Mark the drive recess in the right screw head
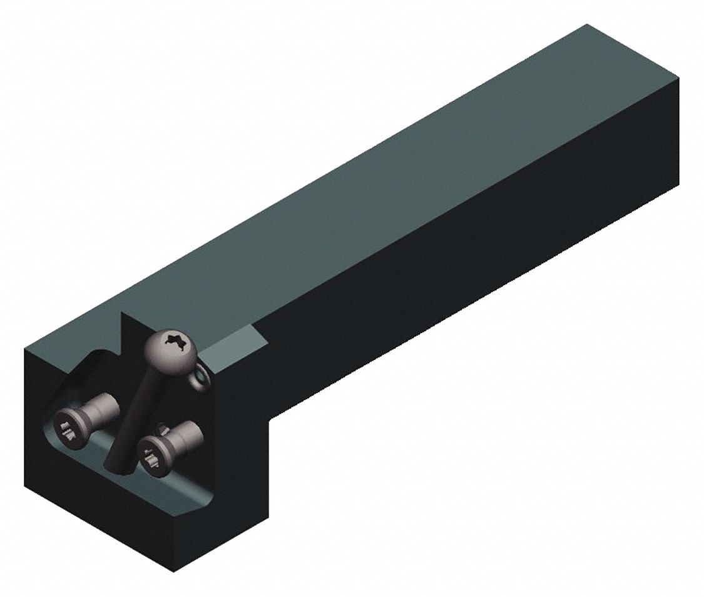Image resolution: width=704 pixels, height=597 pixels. click(x=151, y=460)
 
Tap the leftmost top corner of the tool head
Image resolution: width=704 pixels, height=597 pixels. click(x=24, y=350)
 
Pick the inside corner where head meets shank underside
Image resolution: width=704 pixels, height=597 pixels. click(x=270, y=420)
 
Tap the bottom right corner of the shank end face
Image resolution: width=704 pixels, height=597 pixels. click(x=679, y=184)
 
